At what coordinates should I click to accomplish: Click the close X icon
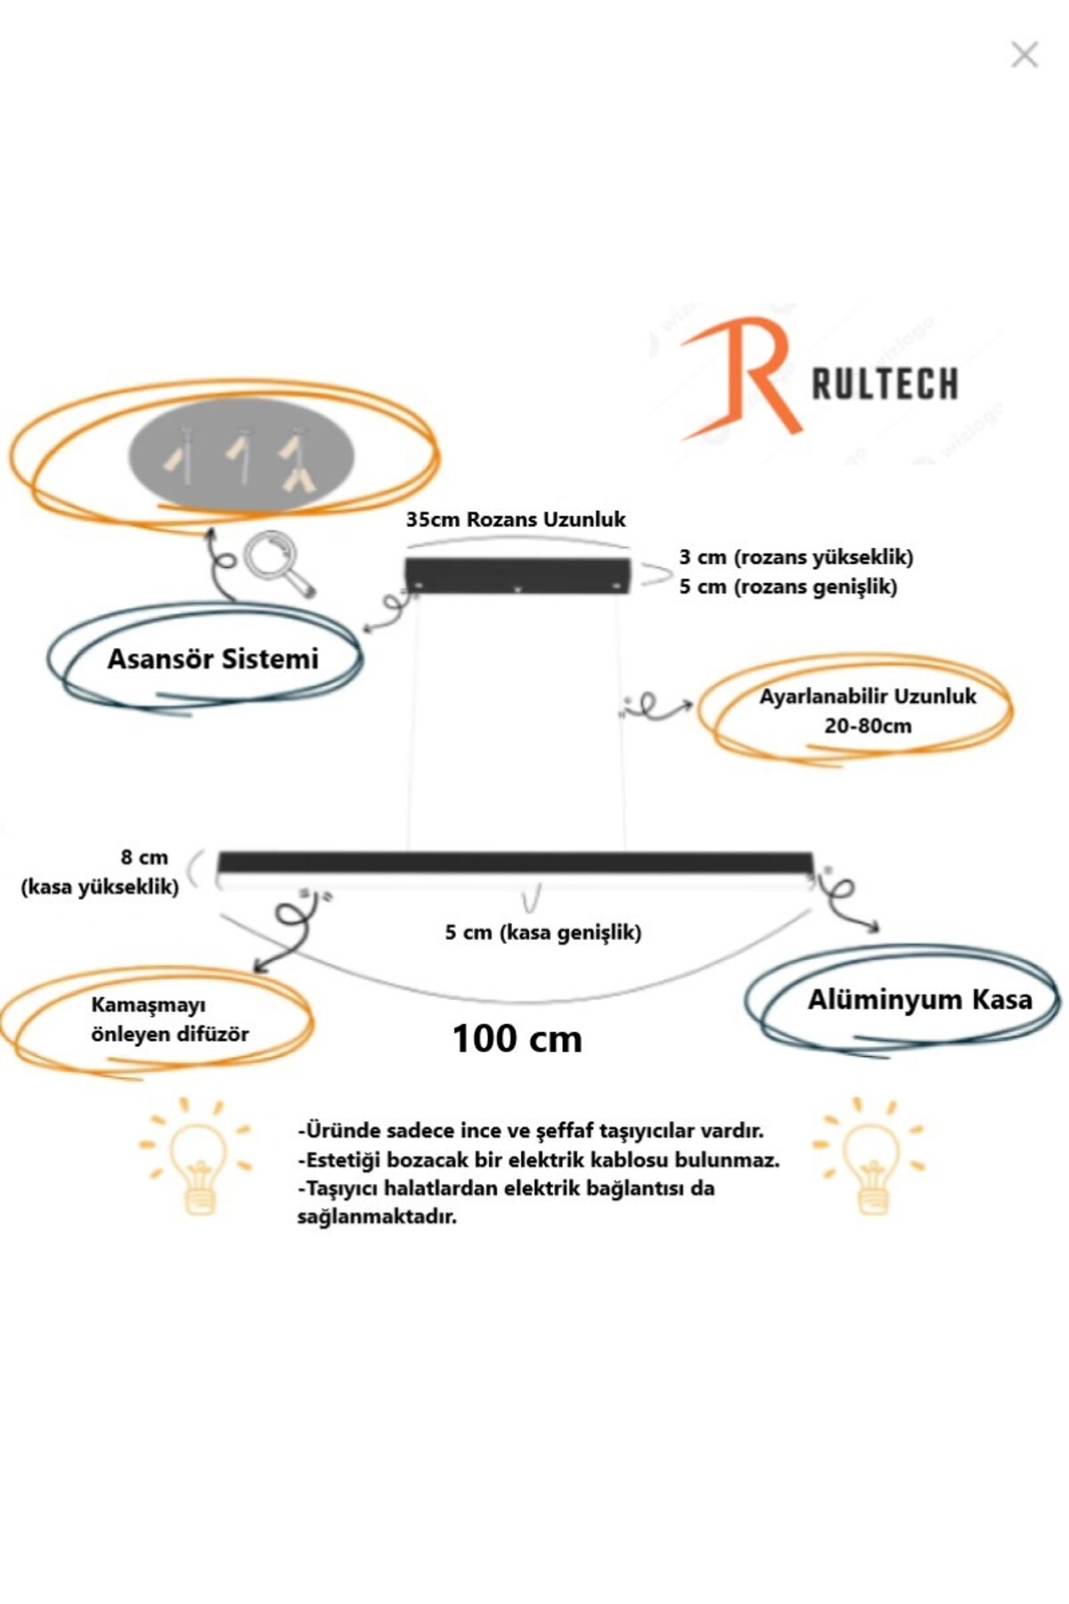1024,55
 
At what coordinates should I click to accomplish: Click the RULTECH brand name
885,384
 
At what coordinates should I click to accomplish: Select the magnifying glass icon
277,563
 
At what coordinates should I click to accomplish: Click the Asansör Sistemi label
213,659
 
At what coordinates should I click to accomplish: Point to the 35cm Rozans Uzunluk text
516,520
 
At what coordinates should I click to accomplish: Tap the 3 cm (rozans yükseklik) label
796,558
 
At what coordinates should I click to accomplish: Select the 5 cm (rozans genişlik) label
787,586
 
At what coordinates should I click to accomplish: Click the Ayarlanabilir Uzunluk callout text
868,697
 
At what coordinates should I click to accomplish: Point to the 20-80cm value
868,726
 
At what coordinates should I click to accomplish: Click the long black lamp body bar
516,862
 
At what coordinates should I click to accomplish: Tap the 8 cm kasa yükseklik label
101,872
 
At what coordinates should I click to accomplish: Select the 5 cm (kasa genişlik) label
543,932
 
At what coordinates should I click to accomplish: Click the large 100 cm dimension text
517,1038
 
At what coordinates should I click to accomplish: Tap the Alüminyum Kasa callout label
919,1000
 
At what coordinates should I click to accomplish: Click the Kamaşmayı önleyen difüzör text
169,1019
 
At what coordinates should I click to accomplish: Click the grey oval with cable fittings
242,455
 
